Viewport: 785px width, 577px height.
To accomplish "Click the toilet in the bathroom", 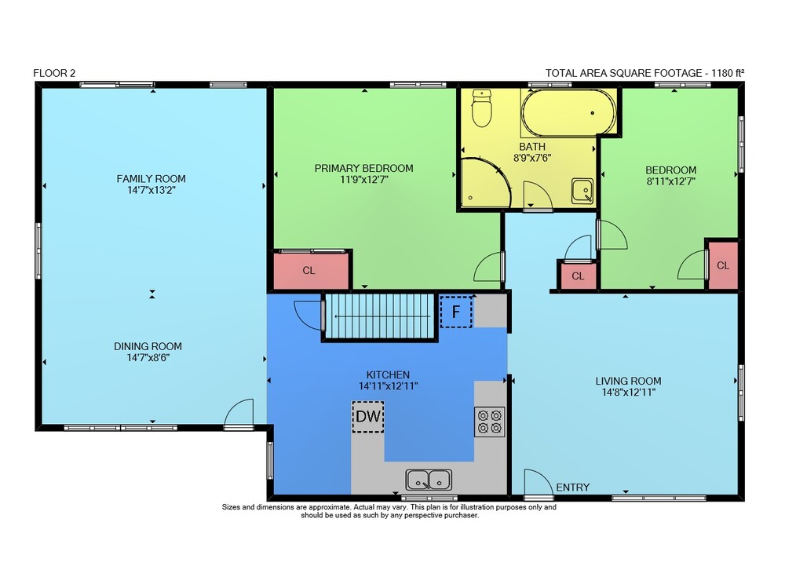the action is coord(482,108).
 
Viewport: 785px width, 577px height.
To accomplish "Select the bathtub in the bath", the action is coord(568,113).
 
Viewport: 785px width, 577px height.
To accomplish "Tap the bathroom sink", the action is coord(582,192).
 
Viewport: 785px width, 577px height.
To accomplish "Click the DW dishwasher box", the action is coord(368,417).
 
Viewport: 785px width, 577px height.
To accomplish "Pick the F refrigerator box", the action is coord(456,312).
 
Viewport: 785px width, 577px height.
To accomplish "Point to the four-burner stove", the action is coord(490,422).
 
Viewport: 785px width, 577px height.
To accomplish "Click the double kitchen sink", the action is coord(429,480).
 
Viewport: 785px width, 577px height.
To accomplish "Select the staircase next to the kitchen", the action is coord(379,316).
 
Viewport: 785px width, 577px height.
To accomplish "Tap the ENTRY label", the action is coord(573,488).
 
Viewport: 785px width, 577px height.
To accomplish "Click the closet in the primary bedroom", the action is coord(311,271).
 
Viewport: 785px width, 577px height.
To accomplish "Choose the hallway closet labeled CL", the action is coord(579,276).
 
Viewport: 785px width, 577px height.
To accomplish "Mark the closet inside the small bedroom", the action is coord(723,265).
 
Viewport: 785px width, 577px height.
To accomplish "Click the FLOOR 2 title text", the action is coord(54,73).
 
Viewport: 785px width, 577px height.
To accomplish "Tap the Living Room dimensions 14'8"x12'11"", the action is coord(628,393).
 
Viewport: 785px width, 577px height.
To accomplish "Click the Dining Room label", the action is coord(148,346).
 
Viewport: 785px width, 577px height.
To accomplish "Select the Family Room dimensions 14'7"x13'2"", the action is coord(152,190).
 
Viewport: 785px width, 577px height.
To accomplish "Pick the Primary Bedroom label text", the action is coord(364,168).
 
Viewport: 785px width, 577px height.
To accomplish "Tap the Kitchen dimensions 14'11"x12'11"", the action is coord(388,386).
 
